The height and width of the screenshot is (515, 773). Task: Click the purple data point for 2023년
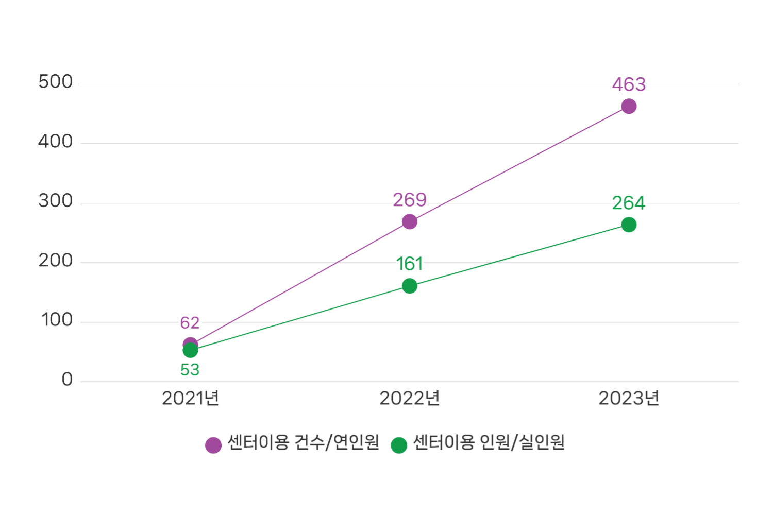pyautogui.click(x=629, y=107)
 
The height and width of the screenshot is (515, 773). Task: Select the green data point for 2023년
pyautogui.click(x=629, y=225)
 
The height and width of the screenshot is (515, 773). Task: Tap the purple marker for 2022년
pyautogui.click(x=410, y=222)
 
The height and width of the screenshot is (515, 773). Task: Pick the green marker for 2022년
pyautogui.click(x=410, y=286)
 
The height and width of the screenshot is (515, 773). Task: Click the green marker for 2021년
pyautogui.click(x=190, y=351)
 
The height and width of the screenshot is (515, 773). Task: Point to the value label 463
pyautogui.click(x=629, y=84)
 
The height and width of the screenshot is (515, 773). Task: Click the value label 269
pyautogui.click(x=410, y=200)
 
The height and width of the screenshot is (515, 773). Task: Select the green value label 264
pyautogui.click(x=629, y=203)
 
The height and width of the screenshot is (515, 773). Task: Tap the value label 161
pyautogui.click(x=410, y=264)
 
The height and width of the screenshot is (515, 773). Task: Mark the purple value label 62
pyautogui.click(x=190, y=323)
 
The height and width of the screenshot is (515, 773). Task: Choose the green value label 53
pyautogui.click(x=190, y=370)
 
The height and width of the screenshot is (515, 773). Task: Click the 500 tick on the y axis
pyautogui.click(x=56, y=82)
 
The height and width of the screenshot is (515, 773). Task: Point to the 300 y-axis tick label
pyautogui.click(x=56, y=201)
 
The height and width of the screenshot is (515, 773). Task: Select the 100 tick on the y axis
pyautogui.click(x=57, y=320)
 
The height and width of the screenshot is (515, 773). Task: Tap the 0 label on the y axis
pyautogui.click(x=67, y=380)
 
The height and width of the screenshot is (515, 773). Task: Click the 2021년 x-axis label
pyautogui.click(x=190, y=398)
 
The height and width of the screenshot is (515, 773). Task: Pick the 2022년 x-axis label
pyautogui.click(x=410, y=398)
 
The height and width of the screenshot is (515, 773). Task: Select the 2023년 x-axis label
pyautogui.click(x=629, y=398)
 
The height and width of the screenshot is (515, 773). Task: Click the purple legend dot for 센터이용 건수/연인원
pyautogui.click(x=213, y=445)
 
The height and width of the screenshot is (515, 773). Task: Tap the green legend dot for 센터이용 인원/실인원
pyautogui.click(x=399, y=445)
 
